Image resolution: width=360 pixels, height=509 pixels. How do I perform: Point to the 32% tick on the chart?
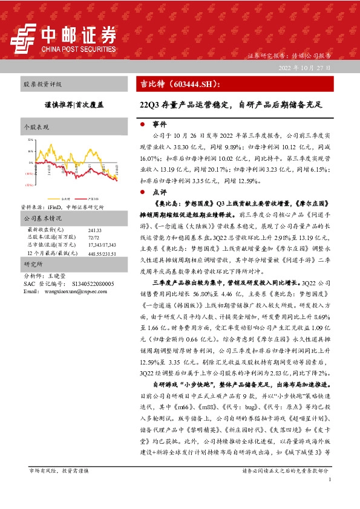(30, 140)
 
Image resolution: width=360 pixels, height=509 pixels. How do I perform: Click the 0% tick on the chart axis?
(31, 163)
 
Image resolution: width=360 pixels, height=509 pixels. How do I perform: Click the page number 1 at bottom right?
(329, 479)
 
